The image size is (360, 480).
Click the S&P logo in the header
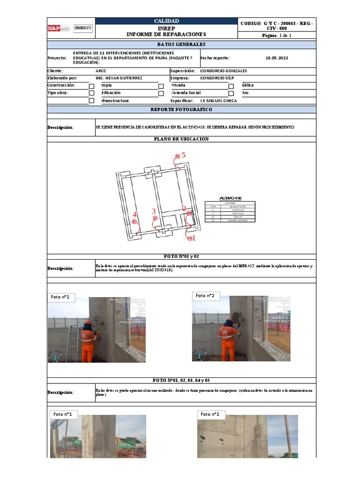point(59,28)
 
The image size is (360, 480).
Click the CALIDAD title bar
point(166,21)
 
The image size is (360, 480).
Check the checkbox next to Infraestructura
point(91,101)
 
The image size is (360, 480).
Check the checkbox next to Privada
point(161,86)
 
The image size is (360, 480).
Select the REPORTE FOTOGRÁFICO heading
point(181,109)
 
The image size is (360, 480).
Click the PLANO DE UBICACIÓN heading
point(181,139)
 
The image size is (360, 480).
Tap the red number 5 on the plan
point(184,155)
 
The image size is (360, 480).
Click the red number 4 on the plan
point(135,215)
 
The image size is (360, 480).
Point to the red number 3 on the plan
point(154,211)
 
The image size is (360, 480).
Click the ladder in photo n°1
point(72,343)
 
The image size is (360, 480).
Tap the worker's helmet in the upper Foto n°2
point(228,322)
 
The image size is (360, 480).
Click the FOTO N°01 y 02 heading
point(181,256)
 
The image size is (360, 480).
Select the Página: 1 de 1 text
point(277,35)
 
